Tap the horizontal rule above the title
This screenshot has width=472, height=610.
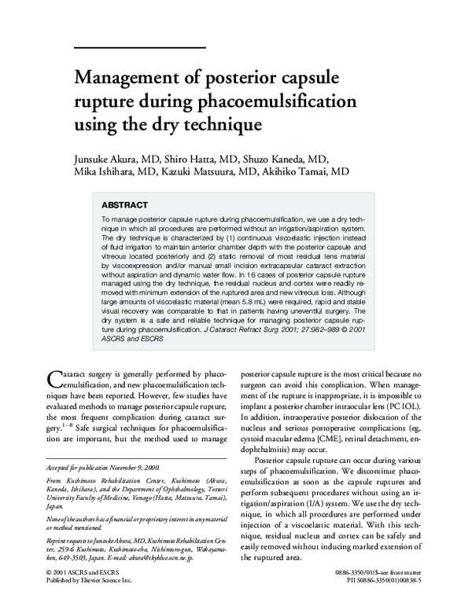pyautogui.click(x=139, y=48)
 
